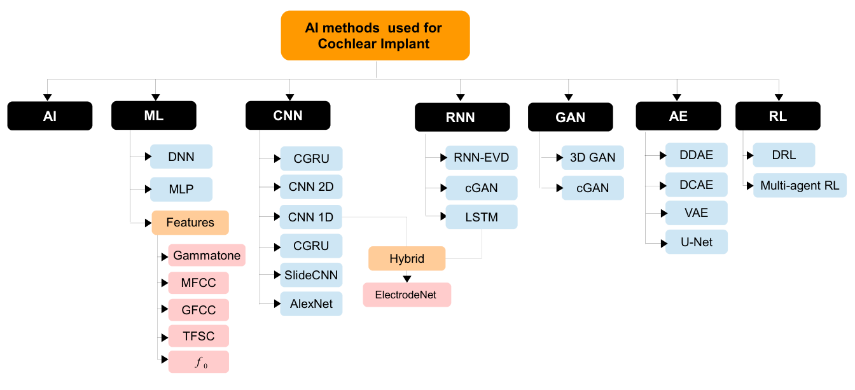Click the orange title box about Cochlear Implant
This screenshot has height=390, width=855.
[x=375, y=36]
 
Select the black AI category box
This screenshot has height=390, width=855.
[x=50, y=116]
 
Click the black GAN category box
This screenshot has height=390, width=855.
[x=570, y=117]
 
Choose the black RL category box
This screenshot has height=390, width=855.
[x=777, y=116]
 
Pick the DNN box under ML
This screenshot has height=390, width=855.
[x=181, y=156]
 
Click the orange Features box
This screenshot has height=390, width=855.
[x=190, y=223]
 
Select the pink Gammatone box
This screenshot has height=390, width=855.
[x=207, y=256]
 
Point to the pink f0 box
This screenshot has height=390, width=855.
[x=198, y=362]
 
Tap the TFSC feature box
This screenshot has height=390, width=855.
[x=198, y=336]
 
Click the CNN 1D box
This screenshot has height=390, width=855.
[x=311, y=218]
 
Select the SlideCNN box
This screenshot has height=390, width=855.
[x=311, y=275]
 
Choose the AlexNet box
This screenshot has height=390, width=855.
[x=311, y=304]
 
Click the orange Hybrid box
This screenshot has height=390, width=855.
[x=407, y=259]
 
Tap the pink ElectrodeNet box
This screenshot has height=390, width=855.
[x=407, y=295]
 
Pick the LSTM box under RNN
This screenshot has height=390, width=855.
[x=481, y=218]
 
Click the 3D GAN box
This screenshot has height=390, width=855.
[x=592, y=158]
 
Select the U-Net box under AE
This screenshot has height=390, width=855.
[x=696, y=242]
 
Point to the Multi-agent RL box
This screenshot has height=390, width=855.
[x=800, y=186]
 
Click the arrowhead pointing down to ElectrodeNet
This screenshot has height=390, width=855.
[x=407, y=279]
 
